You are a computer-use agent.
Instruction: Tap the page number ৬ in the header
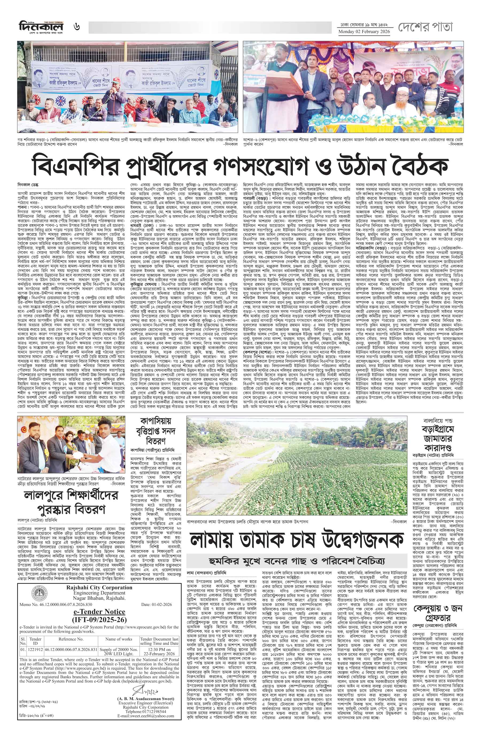point(77,27)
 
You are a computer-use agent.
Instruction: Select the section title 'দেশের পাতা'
point(425,27)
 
